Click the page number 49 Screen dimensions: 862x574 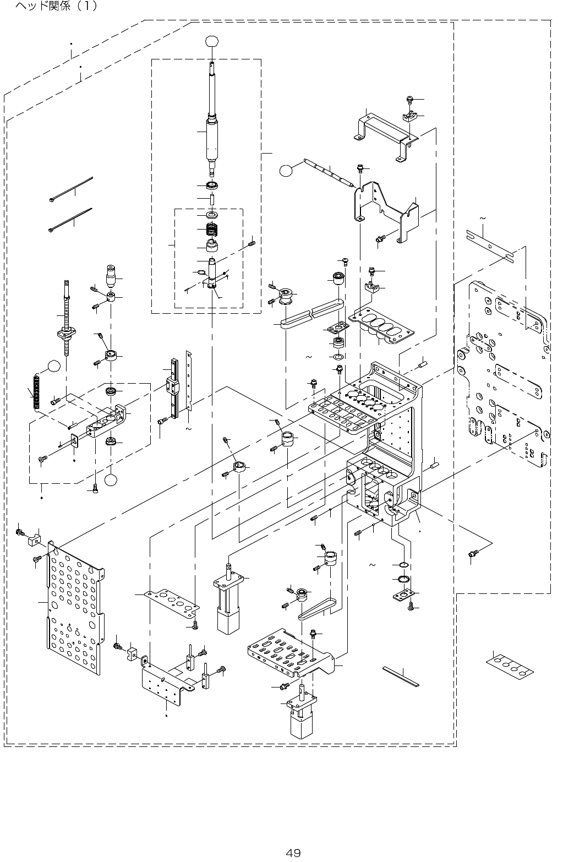(x=293, y=838)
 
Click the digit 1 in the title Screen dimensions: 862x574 (x=88, y=7)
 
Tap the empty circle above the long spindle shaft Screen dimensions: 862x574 (x=212, y=41)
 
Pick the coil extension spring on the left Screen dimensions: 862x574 (x=37, y=391)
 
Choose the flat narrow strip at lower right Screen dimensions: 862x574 (x=400, y=676)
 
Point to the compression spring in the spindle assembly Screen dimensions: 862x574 (x=212, y=228)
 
